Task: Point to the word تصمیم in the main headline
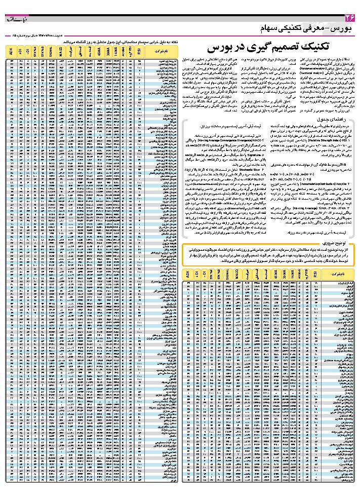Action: coord(273,47)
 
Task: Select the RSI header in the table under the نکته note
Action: coord(139,51)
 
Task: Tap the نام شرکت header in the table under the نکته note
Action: coord(162,51)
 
